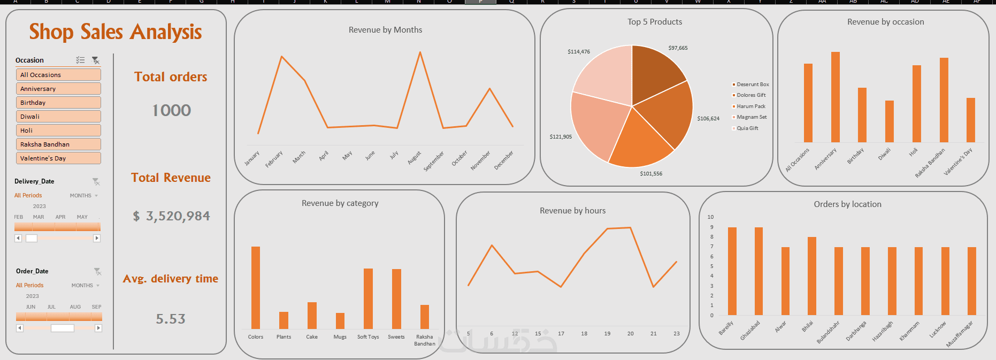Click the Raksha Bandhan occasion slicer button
point(58,144)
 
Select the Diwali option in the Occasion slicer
point(58,117)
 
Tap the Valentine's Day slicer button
point(58,158)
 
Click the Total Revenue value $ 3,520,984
point(171,216)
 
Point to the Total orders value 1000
point(171,110)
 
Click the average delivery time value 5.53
point(171,319)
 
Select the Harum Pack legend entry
point(750,106)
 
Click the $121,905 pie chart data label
point(561,137)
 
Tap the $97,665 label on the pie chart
point(678,48)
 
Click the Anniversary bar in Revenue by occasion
point(835,96)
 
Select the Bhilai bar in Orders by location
point(811,275)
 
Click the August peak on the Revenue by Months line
point(420,52)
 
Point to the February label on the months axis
point(274,159)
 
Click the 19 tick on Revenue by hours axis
point(607,334)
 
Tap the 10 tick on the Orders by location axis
point(710,217)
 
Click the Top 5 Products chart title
point(655,22)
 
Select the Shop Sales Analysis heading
point(116,32)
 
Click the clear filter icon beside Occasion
point(96,60)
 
